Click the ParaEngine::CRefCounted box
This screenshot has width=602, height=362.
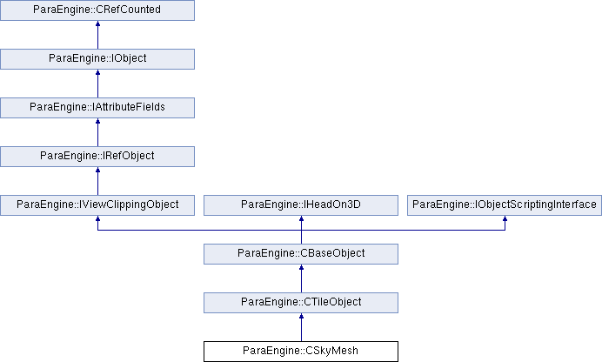pos(97,10)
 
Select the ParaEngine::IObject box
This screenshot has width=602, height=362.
pos(97,58)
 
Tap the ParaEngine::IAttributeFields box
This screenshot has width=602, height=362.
pos(97,108)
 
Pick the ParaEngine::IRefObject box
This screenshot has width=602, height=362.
pos(97,157)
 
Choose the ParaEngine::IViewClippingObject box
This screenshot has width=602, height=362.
pos(97,205)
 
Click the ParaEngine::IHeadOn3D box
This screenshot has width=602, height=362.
pos(301,205)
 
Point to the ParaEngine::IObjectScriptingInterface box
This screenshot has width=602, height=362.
pos(505,205)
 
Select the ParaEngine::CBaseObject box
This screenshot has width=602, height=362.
pos(301,254)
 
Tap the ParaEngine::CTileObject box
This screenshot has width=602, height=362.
pos(301,303)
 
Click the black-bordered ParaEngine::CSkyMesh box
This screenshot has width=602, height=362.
pos(301,352)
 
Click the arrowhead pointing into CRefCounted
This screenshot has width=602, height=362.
pos(97,23)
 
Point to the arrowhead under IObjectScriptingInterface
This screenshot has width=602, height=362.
pos(505,218)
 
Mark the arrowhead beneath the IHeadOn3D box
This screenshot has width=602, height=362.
pos(301,218)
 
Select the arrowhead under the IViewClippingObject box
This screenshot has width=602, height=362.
pos(97,218)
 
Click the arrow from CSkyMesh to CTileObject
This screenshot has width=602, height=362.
pos(301,327)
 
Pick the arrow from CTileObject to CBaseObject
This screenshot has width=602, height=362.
pos(301,278)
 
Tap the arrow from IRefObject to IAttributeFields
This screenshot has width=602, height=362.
pos(97,132)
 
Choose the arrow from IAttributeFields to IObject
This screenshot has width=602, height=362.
pos(97,84)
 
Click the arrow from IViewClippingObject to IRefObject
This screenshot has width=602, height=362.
pos(97,181)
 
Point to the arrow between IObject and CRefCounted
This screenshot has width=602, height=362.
pos(97,35)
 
